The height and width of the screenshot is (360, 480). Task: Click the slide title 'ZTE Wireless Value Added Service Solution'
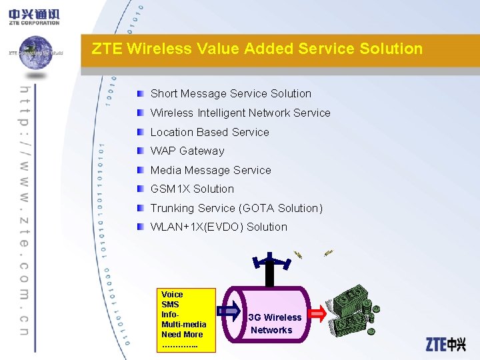pos(257,49)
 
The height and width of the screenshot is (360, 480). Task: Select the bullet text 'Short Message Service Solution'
pos(231,94)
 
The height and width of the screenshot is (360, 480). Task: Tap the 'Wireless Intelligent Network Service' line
pos(240,113)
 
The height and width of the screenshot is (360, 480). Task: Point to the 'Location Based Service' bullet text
pos(209,132)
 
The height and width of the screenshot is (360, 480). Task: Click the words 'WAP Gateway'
pos(187,151)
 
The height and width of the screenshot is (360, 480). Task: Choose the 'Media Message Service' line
pos(211,170)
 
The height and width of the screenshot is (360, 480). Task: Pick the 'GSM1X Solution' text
pos(192,189)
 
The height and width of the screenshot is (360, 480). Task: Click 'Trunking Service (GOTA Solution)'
pos(236,208)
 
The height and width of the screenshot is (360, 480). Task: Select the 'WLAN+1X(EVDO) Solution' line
pos(219,227)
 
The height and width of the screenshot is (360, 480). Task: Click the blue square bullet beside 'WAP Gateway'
pos(140,151)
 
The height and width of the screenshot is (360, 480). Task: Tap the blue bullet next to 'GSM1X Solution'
pos(140,189)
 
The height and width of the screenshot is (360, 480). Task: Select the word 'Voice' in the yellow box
pos(172,295)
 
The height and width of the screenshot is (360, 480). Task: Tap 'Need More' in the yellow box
pos(181,335)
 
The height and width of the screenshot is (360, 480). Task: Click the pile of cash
pos(353,310)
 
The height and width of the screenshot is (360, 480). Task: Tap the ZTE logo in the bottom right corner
pos(445,344)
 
